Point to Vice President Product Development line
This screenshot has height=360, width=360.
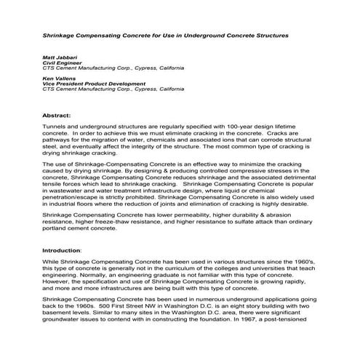(x=95, y=84)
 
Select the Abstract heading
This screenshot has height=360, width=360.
(x=56, y=115)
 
